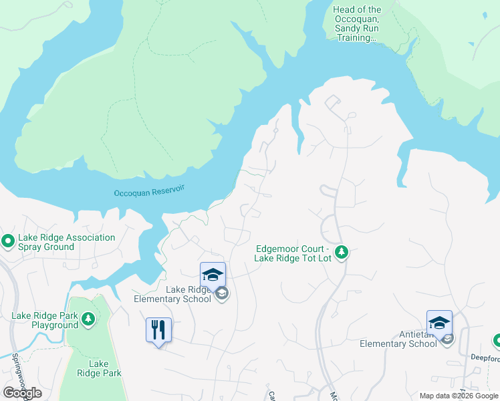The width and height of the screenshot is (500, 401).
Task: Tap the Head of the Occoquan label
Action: point(358,23)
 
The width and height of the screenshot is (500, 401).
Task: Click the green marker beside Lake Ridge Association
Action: point(8,240)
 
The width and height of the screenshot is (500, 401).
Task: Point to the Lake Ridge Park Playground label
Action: point(45,320)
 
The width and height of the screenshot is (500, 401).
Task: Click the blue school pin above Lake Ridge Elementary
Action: point(213,275)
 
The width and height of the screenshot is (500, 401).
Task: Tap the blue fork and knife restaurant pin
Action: point(158,330)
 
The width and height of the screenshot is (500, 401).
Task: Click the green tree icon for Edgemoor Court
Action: point(342,252)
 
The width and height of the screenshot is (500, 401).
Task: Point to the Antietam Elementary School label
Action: point(398,339)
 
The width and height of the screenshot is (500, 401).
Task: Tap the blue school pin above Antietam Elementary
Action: point(439,323)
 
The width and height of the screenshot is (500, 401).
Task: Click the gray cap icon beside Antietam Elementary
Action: point(447,338)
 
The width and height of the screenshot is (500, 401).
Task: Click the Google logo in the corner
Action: point(22,393)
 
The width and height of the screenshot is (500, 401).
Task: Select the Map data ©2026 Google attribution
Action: point(459,396)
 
